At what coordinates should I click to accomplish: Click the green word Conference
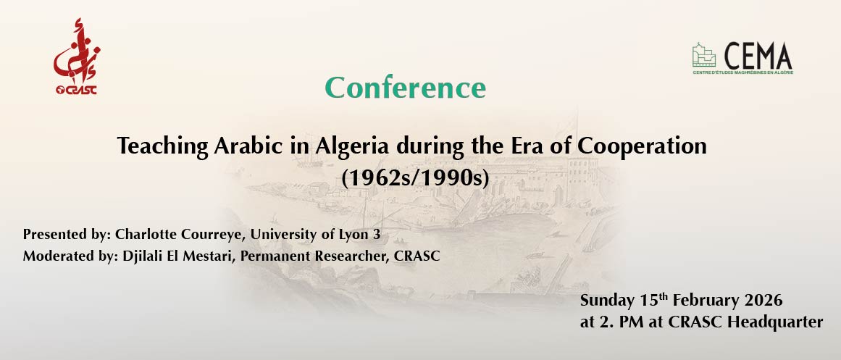405,88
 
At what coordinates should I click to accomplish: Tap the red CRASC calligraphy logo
75,57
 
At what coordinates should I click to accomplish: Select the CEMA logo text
758,56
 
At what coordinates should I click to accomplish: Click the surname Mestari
206,256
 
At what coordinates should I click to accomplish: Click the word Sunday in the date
606,300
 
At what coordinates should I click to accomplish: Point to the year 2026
761,300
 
